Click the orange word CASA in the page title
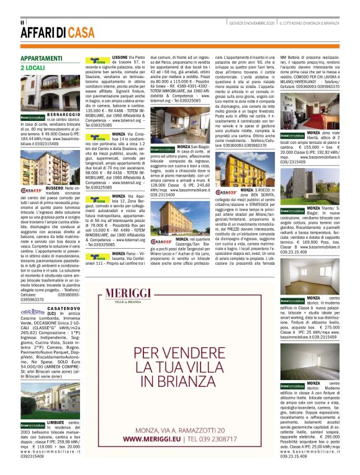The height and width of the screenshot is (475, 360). coord(83,33)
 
